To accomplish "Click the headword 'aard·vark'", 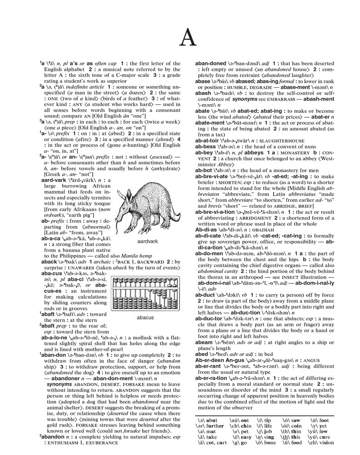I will [55, 181].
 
